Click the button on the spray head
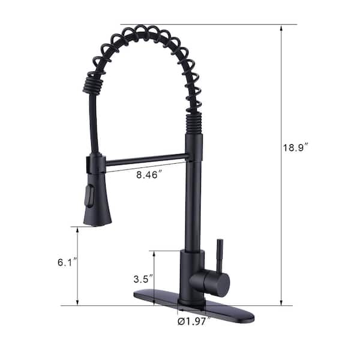(90, 196)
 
